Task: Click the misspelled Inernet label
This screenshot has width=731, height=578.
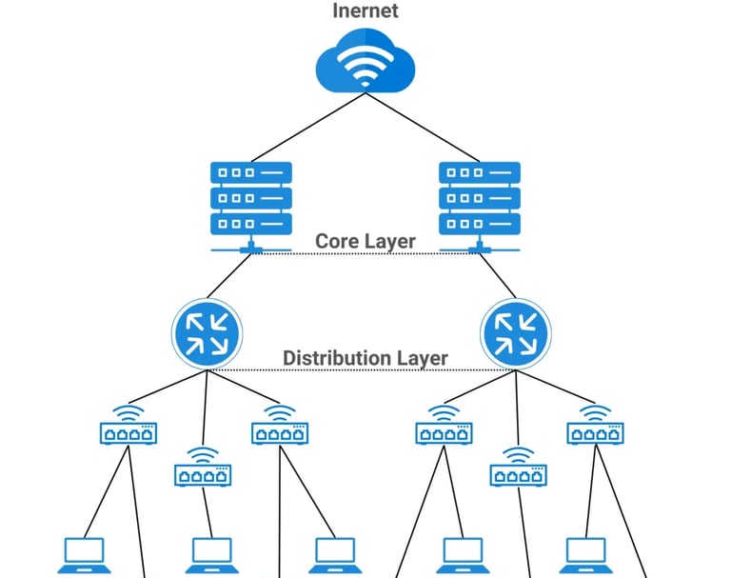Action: pyautogui.click(x=365, y=11)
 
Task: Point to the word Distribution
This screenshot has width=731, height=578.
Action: pyautogui.click(x=332, y=358)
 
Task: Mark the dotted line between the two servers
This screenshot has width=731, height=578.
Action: pyautogui.click(x=365, y=254)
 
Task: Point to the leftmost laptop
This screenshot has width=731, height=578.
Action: pyautogui.click(x=85, y=554)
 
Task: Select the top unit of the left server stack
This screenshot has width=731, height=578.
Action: pyautogui.click(x=250, y=173)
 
